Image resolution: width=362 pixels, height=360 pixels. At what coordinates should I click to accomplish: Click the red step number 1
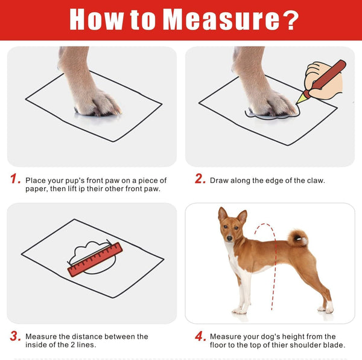pyautogui.click(x=15, y=180)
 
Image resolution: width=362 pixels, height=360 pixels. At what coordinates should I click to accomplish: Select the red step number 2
pyautogui.click(x=200, y=179)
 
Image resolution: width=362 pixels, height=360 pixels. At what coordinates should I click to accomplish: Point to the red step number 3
pyautogui.click(x=15, y=336)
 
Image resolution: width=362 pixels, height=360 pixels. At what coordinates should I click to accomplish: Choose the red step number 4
pyautogui.click(x=200, y=336)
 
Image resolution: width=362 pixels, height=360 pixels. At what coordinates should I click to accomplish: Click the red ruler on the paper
pyautogui.click(x=95, y=259)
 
